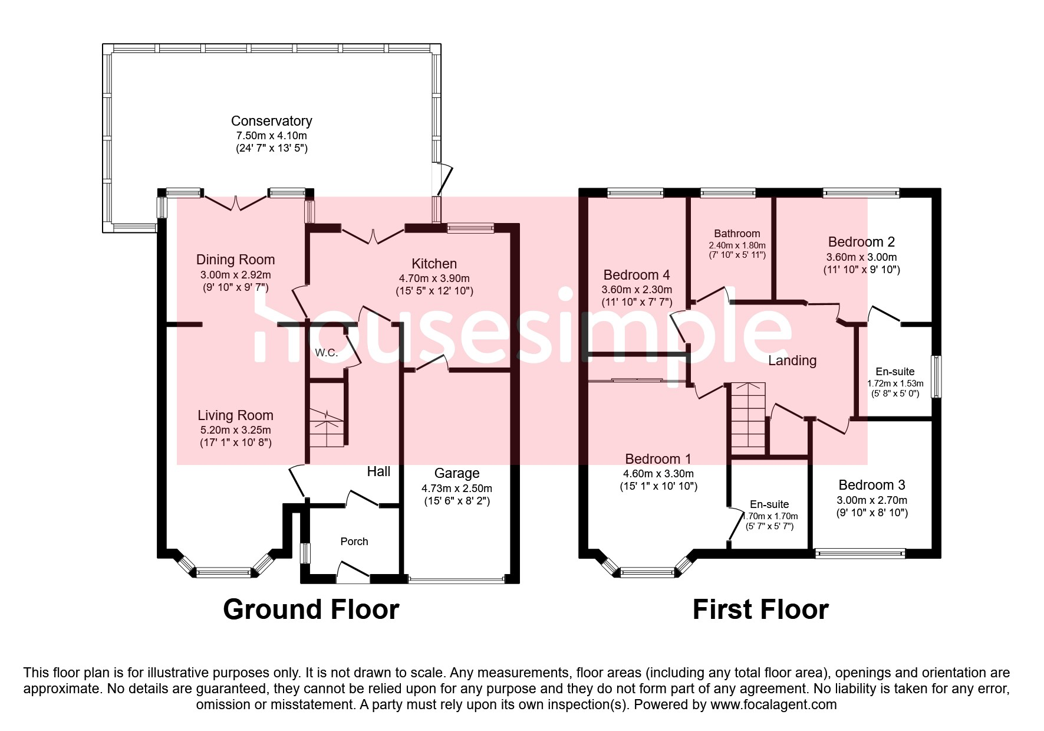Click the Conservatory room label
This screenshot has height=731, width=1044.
tap(271, 121)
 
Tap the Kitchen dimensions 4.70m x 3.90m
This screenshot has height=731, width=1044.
tap(434, 278)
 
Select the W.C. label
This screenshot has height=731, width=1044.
tap(326, 353)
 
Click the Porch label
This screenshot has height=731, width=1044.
tap(354, 542)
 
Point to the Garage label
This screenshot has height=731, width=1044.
tap(456, 473)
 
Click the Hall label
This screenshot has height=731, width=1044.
tap(378, 471)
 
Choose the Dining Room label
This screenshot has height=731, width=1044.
tap(235, 260)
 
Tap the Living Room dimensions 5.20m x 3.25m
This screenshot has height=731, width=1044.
tap(235, 430)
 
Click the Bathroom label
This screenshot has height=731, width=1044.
tap(737, 234)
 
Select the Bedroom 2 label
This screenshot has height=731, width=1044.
tap(861, 242)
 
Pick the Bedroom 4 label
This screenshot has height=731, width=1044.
tap(636, 275)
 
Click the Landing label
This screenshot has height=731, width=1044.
tap(792, 360)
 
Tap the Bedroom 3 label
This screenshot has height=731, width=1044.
tap(871, 485)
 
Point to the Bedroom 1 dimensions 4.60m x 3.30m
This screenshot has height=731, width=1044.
tap(658, 474)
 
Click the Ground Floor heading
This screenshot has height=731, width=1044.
tap(311, 609)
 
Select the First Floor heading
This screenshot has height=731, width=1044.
tap(760, 609)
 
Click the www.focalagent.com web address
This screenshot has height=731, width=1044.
tap(773, 704)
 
